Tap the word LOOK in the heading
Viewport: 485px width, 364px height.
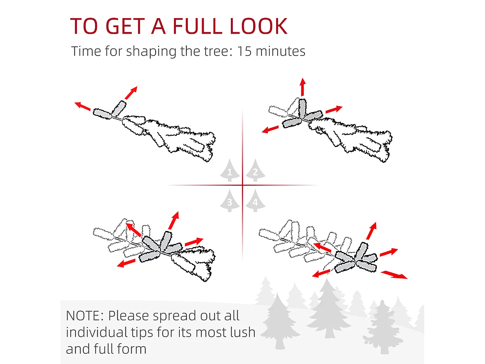coord(259,26)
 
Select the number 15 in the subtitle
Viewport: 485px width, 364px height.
coord(244,51)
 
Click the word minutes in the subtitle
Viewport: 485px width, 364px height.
coord(280,51)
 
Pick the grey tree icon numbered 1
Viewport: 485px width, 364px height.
coord(230,170)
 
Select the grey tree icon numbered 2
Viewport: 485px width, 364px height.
coord(255,170)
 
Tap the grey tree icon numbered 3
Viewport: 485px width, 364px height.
coord(230,200)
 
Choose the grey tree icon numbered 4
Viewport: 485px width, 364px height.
coord(255,200)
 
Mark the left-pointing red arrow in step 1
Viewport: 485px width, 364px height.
coord(82,106)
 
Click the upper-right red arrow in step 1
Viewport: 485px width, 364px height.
coord(131,93)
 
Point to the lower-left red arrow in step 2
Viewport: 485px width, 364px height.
coord(270,129)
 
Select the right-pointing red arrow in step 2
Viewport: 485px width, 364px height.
coord(334,109)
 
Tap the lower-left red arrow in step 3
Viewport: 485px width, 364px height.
coord(126,263)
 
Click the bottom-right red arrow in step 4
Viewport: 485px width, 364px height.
coord(394,275)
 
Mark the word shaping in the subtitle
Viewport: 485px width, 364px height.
coord(151,51)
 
